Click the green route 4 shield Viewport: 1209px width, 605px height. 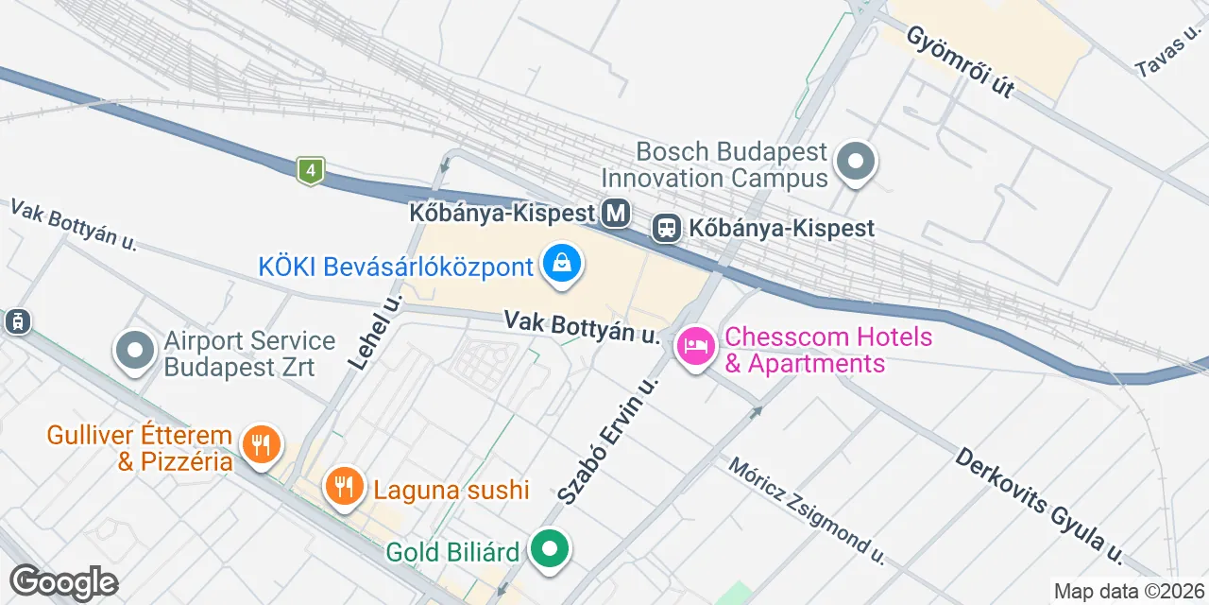click(310, 170)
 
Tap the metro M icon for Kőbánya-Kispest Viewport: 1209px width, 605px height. click(617, 213)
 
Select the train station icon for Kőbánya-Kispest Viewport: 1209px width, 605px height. click(667, 228)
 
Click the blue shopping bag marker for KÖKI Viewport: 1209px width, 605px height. click(562, 264)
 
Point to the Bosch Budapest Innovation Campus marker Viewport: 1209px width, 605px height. click(857, 161)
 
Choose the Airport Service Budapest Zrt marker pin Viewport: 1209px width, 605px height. click(135, 351)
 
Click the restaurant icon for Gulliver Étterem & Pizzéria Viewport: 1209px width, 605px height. click(260, 442)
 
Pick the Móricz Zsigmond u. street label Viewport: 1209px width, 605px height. click(807, 510)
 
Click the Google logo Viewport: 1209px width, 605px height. click(63, 582)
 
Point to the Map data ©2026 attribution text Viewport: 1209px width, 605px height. click(1130, 592)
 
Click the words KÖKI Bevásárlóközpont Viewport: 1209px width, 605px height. click(396, 267)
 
